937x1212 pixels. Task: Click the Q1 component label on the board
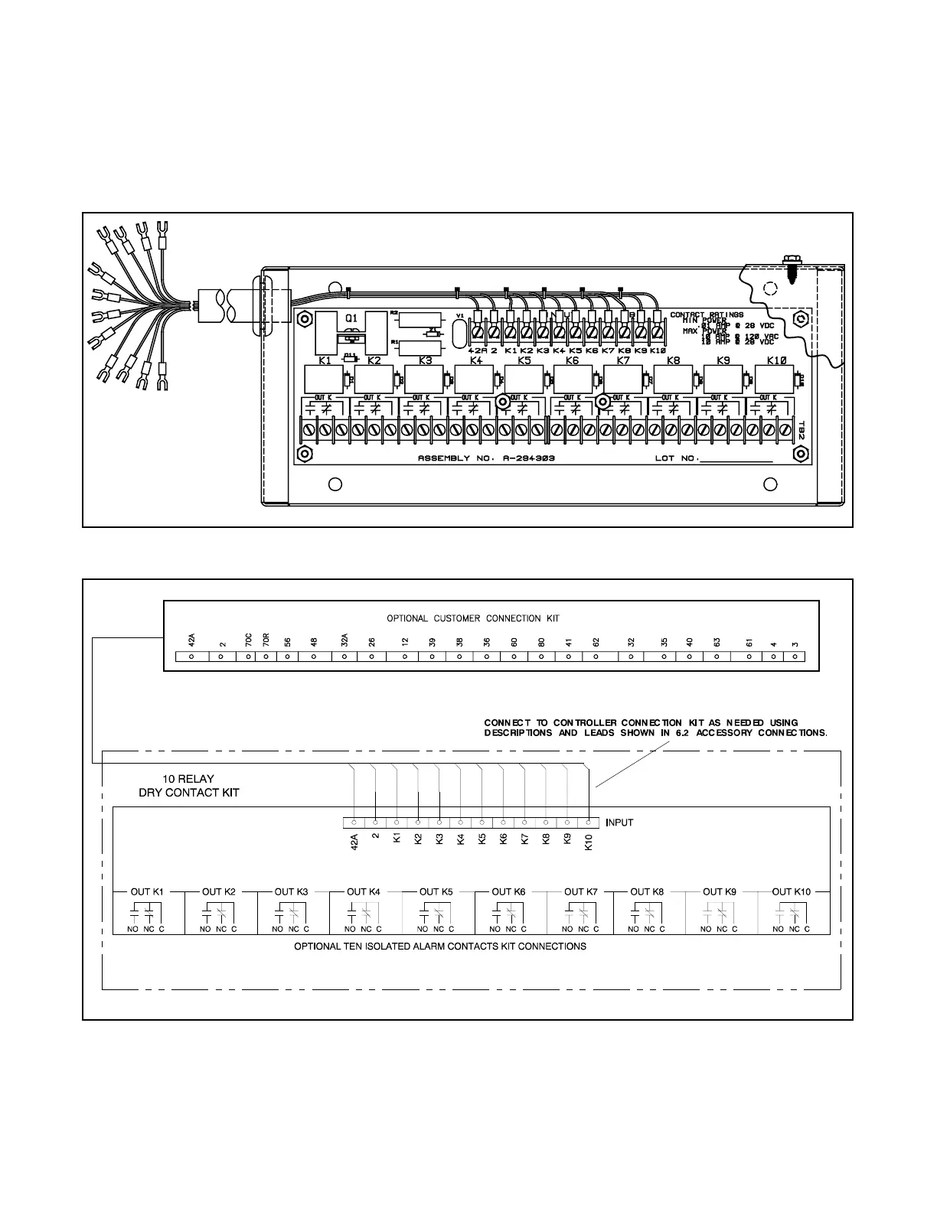coord(352,318)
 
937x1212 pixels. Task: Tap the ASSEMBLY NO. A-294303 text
coord(486,458)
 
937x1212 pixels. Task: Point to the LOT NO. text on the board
coord(674,458)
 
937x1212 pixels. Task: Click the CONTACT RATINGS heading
coord(707,314)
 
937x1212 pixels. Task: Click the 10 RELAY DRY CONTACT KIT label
coord(188,786)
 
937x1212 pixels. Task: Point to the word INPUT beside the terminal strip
coord(619,823)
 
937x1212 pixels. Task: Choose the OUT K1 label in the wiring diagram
coord(147,891)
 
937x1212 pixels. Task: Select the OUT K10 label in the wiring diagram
coord(791,891)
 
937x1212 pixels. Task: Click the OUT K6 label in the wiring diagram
coord(508,891)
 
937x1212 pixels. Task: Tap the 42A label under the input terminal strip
coord(354,842)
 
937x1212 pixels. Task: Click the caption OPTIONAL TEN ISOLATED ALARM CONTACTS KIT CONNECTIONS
coord(440,946)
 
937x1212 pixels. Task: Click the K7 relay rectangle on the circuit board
coord(622,380)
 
